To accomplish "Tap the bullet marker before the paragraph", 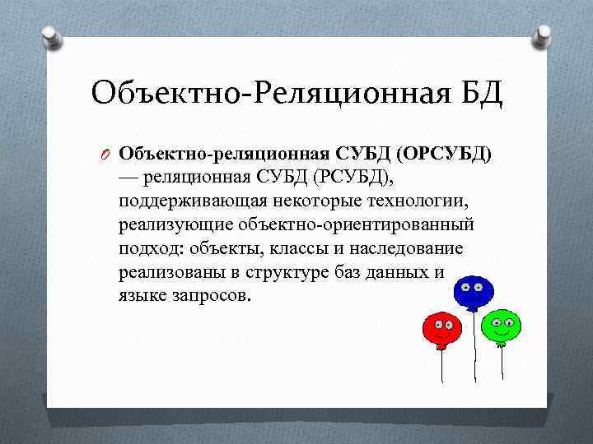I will (x=105, y=153).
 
